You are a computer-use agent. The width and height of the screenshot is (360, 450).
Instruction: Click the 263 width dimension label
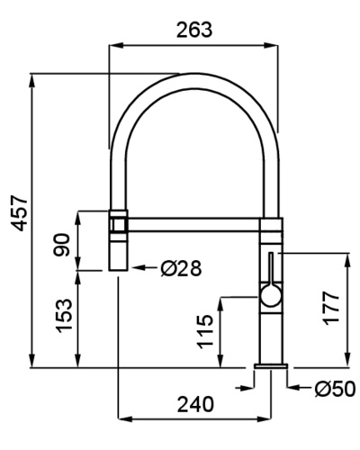pyautogui.click(x=194, y=30)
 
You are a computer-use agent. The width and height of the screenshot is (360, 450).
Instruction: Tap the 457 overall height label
pyautogui.click(x=19, y=213)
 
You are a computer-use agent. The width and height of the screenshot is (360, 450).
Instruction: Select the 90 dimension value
pyautogui.click(x=61, y=245)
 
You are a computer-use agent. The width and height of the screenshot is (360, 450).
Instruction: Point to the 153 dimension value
pyautogui.click(x=64, y=316)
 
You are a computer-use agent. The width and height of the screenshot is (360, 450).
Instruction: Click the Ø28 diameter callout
pyautogui.click(x=181, y=268)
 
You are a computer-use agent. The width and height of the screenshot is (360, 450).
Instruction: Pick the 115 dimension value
pyautogui.click(x=205, y=331)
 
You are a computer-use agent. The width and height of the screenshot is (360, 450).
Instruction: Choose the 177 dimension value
pyautogui.click(x=331, y=308)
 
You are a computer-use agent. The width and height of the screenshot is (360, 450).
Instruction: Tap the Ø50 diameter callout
pyautogui.click(x=335, y=389)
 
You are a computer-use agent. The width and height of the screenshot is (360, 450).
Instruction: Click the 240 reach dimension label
pyautogui.click(x=195, y=404)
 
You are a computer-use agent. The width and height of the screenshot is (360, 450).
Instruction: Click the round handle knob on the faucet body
pyautogui.click(x=271, y=295)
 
